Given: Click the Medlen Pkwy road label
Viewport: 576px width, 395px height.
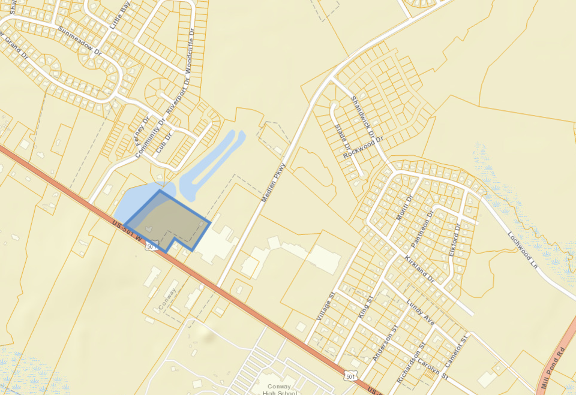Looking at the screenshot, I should coord(273,182).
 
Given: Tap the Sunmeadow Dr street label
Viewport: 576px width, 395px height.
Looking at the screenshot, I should coord(80,41).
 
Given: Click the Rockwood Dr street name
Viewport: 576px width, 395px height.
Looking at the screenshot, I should coord(363,147).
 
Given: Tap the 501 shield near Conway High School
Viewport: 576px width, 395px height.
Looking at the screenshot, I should coord(350,376).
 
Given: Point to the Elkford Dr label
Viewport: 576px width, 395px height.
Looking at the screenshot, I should coord(454,240).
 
